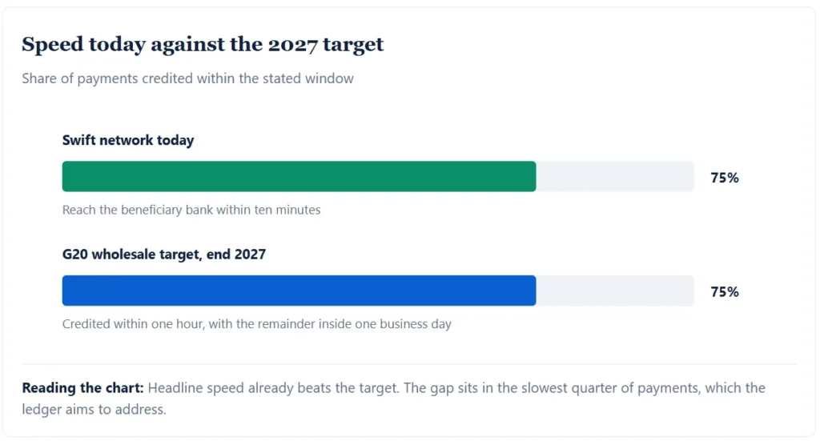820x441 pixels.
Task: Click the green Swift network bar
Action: [x=299, y=177]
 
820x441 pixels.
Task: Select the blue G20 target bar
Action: [x=299, y=291]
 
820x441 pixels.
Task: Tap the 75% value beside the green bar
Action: [x=724, y=178]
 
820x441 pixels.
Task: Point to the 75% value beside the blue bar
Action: [x=724, y=291]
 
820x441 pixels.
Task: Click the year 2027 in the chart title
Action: [x=292, y=45]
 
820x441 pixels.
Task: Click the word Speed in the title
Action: [x=52, y=45]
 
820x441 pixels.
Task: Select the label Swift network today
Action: [x=128, y=140]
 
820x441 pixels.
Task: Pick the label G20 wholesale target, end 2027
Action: [x=164, y=255]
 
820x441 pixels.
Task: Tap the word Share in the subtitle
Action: [x=39, y=78]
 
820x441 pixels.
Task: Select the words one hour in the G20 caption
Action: [x=177, y=324]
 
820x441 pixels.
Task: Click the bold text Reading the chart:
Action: [x=82, y=387]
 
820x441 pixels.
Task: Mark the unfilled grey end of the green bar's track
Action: [x=615, y=177]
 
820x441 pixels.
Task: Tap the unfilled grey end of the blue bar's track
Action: [x=615, y=291]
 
